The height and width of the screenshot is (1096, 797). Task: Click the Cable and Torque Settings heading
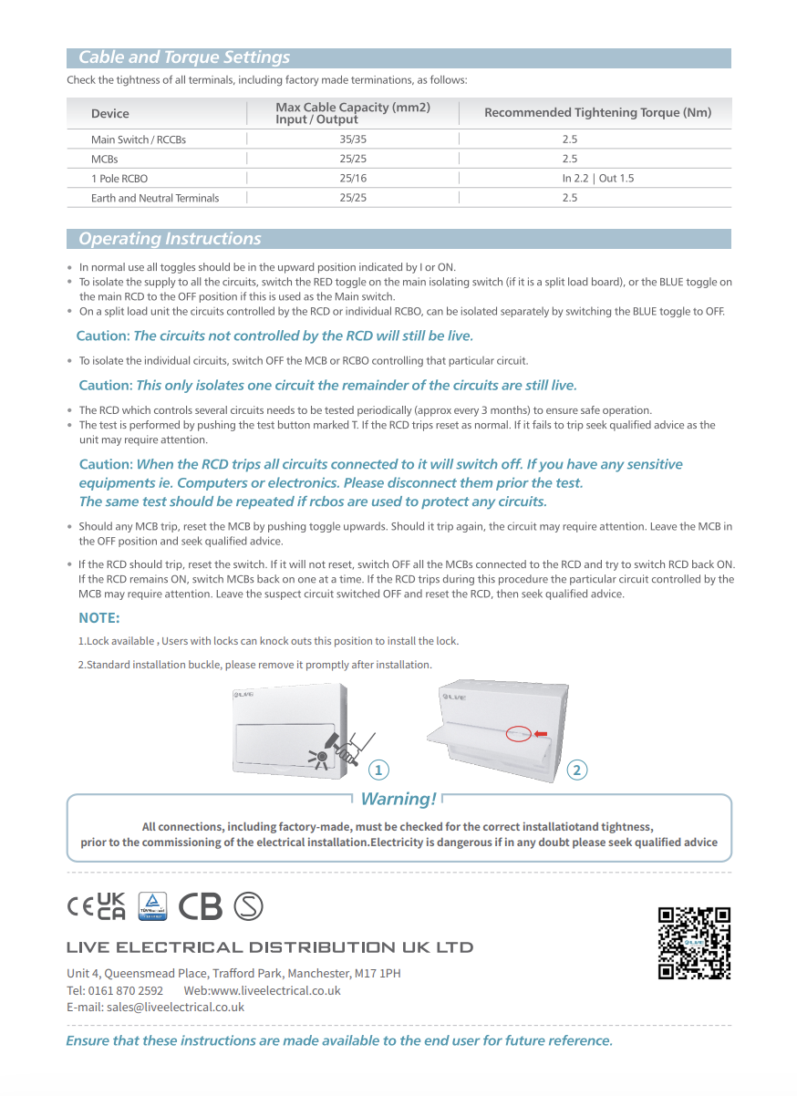[x=184, y=57]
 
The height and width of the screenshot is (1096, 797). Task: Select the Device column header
[x=110, y=114]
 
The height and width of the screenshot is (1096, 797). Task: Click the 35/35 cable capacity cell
[x=353, y=140]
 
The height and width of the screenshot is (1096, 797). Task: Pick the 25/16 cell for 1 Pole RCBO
[x=353, y=179]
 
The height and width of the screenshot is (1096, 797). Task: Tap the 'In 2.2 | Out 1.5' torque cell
[x=597, y=179]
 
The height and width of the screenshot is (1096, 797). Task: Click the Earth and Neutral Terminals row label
[x=155, y=198]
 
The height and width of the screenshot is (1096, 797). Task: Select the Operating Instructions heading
[x=170, y=239]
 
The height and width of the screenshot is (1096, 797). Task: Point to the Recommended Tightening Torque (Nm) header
[x=597, y=113]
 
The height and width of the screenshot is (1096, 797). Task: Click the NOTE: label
[x=99, y=618]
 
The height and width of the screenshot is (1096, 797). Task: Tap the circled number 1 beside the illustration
[x=379, y=770]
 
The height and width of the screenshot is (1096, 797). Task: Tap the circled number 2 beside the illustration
[x=576, y=770]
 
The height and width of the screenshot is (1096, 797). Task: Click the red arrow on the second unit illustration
[x=540, y=733]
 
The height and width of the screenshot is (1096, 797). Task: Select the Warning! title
[x=398, y=800]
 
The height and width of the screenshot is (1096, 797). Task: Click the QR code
[x=694, y=943]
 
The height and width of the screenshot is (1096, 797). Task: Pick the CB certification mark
[x=200, y=905]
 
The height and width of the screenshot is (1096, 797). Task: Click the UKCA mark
[x=111, y=905]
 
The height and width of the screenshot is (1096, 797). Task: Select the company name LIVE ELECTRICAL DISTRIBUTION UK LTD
[x=270, y=947]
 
